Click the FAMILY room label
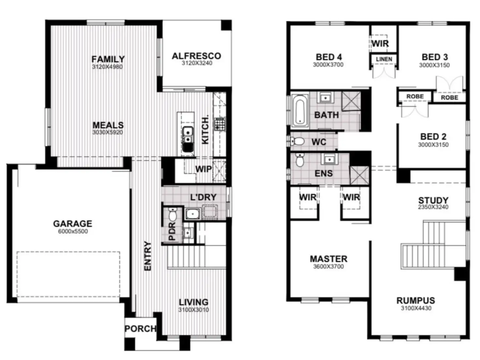(x=108, y=59)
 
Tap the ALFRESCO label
(x=196, y=56)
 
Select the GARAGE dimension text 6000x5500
(x=73, y=232)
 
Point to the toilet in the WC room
(x=298, y=142)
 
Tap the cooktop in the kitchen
(x=219, y=124)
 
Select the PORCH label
(x=141, y=329)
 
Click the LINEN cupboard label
(x=384, y=59)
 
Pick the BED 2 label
(x=433, y=137)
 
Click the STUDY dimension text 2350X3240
(x=433, y=207)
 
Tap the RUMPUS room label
(x=415, y=300)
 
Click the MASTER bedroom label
(x=328, y=259)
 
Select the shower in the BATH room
(x=351, y=101)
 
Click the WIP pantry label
(x=203, y=169)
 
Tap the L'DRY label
(x=203, y=197)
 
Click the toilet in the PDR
(x=172, y=214)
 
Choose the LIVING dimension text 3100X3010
(x=194, y=310)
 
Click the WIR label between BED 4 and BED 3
(x=380, y=43)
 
